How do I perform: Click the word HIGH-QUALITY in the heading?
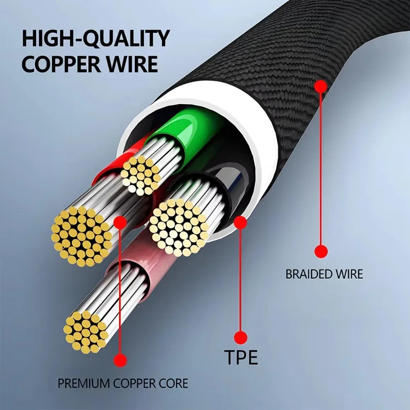pos(96,38)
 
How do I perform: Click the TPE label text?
pos(241,357)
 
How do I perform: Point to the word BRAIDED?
pos(306,274)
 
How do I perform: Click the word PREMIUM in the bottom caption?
pos(84,383)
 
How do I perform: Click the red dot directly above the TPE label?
pos(240,337)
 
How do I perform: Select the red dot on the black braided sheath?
pos(321,86)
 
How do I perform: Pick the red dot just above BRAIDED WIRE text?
pos(321,251)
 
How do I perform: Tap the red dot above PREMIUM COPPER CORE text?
pos(120,360)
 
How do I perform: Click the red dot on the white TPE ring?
pos(240,222)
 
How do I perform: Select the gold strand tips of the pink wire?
pos(86,332)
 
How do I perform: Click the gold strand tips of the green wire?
pos(140,175)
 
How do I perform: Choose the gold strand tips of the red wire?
pos(82,236)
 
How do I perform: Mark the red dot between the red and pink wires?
pos(120,222)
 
